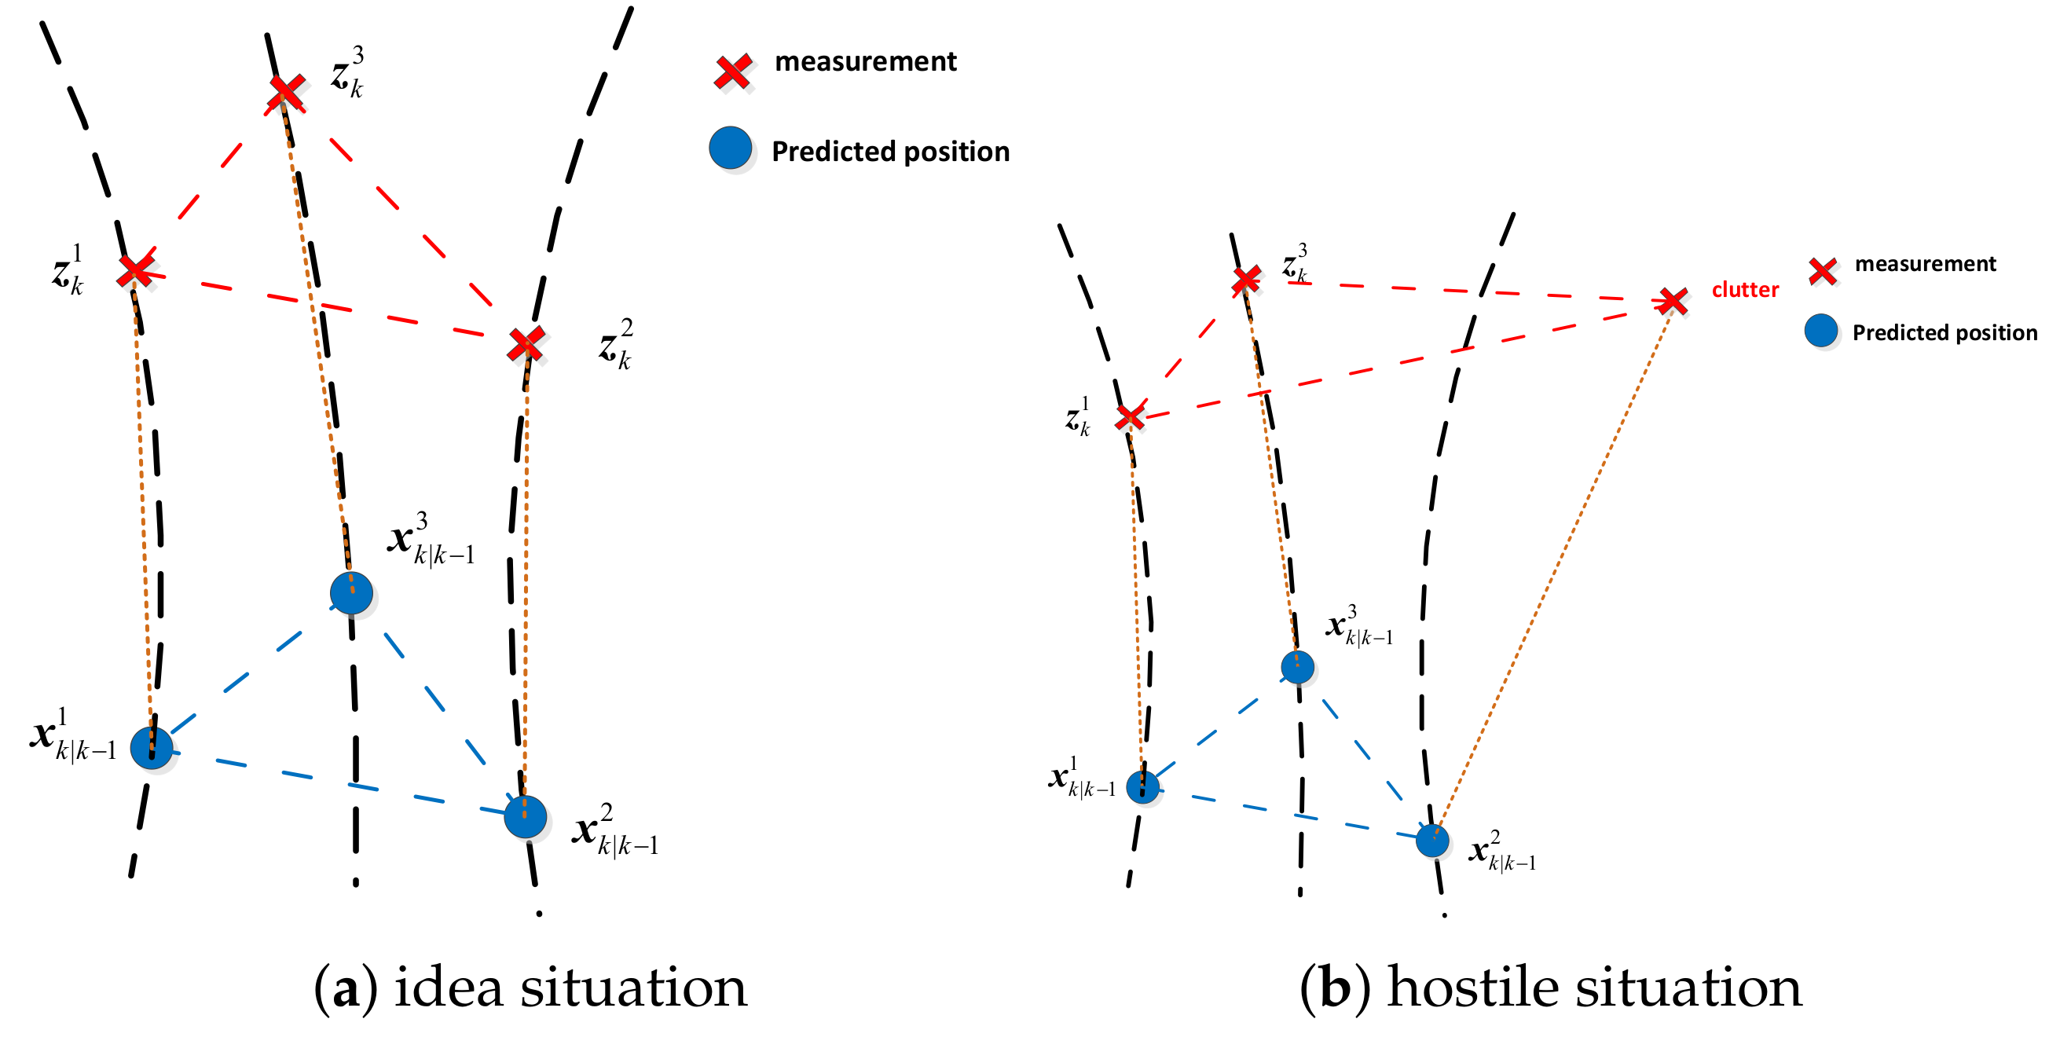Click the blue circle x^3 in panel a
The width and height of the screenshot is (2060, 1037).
351,592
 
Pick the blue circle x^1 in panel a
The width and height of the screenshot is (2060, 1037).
151,748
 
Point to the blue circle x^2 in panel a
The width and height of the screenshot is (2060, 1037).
526,816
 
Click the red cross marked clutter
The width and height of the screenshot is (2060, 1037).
1672,302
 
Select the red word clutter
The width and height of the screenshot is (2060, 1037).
1745,289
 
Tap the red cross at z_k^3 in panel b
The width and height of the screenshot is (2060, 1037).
1246,280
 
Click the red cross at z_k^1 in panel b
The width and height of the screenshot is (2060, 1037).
1130,416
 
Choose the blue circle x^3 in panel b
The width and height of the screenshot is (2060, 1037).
1297,666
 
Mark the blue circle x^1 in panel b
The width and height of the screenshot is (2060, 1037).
1142,786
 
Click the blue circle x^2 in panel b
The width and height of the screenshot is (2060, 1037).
1431,841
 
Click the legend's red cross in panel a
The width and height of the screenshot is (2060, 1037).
732,71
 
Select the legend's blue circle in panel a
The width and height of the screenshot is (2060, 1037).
730,148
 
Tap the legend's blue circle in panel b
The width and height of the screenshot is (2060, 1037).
1821,330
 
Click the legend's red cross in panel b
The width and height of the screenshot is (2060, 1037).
1823,271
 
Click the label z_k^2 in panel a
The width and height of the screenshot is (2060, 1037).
616,346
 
